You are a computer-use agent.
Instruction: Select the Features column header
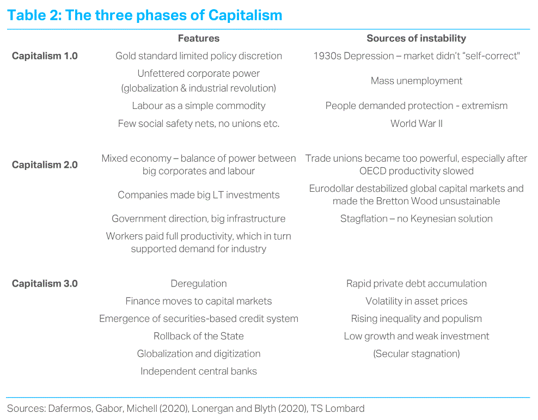tap(199, 38)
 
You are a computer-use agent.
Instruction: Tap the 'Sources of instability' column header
tap(416, 38)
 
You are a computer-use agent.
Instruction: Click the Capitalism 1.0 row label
tap(45, 56)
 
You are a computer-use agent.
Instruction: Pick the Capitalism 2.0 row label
tap(45, 165)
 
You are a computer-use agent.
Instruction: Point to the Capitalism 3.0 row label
tap(45, 283)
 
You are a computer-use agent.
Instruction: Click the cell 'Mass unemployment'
tap(417, 81)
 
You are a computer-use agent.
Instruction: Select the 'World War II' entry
tap(417, 124)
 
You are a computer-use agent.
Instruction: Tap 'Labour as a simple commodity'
tap(199, 106)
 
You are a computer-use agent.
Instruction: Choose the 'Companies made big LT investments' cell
tap(199, 195)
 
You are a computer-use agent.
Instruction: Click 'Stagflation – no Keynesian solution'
tap(417, 218)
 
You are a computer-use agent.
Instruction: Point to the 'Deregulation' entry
tap(199, 284)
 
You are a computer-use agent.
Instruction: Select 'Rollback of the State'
tap(199, 336)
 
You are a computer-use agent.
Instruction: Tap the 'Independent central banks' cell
tap(199, 372)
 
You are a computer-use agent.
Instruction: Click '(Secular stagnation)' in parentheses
tap(417, 354)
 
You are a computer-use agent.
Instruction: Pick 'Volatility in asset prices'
tap(417, 301)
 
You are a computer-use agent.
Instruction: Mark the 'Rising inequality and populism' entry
tap(417, 319)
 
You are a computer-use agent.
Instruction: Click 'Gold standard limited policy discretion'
tap(199, 56)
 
